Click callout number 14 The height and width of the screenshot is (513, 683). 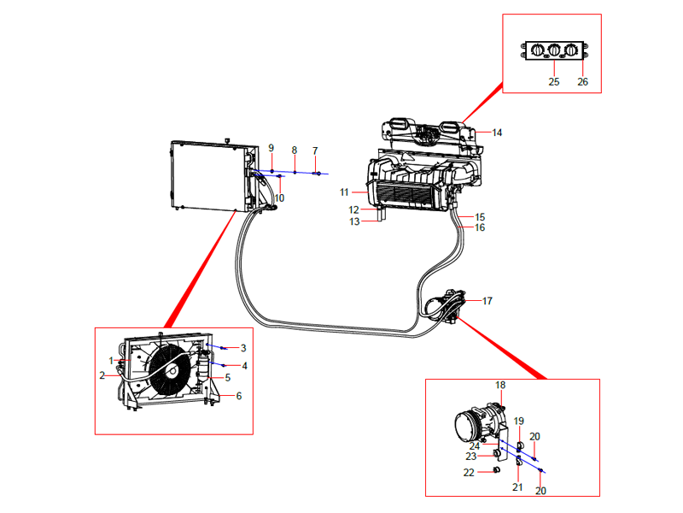tap(497, 133)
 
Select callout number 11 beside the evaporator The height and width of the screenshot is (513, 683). tap(345, 192)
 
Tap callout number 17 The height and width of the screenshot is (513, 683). tap(487, 301)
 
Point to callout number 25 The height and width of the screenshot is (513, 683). tap(553, 82)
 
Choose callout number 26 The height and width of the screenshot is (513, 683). tap(583, 82)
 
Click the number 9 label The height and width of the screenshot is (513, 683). tap(271, 148)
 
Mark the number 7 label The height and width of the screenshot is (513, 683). tap(314, 150)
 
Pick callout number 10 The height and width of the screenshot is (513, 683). tap(279, 198)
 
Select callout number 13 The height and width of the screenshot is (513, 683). tap(354, 221)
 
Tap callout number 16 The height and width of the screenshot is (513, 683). tap(480, 227)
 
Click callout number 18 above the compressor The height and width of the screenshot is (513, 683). tap(501, 386)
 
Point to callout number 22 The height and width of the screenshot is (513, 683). tap(469, 473)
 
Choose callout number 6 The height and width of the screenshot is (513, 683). tap(239, 396)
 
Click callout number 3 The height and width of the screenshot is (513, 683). tap(243, 348)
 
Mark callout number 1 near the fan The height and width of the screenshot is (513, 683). tap(111, 360)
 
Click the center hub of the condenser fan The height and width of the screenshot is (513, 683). tap(172, 369)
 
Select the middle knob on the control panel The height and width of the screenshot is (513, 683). tap(553, 50)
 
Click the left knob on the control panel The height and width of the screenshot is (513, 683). tap(535, 50)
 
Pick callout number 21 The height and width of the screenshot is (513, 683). tap(517, 487)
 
